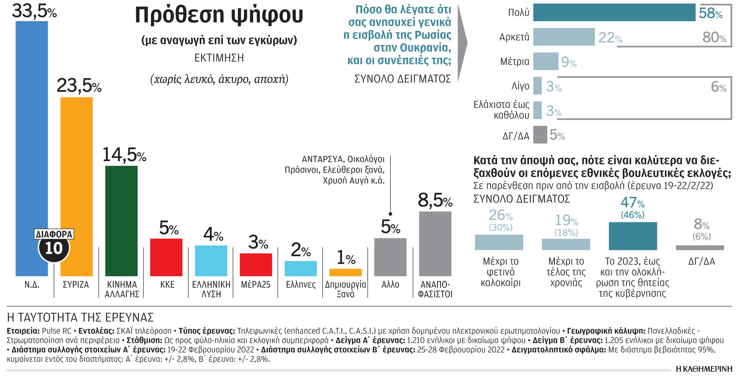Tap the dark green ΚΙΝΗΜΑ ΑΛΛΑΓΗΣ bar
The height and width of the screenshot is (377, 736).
(121, 221)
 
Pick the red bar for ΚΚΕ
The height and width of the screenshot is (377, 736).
(166, 257)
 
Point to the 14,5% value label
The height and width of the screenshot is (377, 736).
(124, 155)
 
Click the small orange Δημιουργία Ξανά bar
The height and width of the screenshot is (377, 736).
(345, 272)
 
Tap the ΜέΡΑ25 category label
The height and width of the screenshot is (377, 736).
(256, 285)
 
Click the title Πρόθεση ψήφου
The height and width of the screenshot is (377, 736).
(219, 15)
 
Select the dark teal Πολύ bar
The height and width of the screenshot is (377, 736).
(614, 13)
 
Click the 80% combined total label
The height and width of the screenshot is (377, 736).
(714, 37)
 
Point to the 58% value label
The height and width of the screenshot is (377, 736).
(710, 14)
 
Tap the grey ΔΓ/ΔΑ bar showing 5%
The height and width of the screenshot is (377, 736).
(540, 135)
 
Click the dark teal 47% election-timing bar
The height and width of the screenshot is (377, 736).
(632, 236)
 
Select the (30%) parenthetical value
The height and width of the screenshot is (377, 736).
(501, 227)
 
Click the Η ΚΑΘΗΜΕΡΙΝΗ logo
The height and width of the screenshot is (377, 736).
(704, 369)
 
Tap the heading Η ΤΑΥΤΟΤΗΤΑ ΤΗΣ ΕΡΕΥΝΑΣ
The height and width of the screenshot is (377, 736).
(80, 317)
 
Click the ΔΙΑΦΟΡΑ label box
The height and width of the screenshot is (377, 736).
(54, 234)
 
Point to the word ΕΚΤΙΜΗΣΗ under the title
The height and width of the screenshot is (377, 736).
(219, 58)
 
